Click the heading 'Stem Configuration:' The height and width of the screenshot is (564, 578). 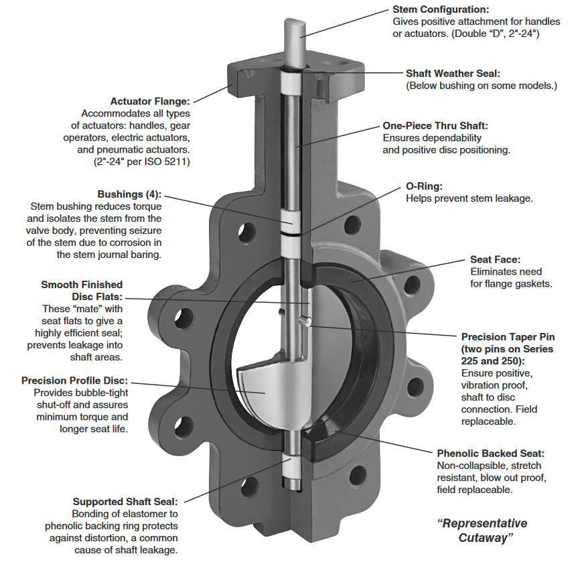[441, 9]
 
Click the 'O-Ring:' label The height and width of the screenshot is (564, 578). [424, 186]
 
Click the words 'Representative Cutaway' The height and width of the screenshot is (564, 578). [482, 530]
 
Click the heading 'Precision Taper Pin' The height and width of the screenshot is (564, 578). [508, 336]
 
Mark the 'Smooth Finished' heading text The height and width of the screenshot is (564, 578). [82, 285]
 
